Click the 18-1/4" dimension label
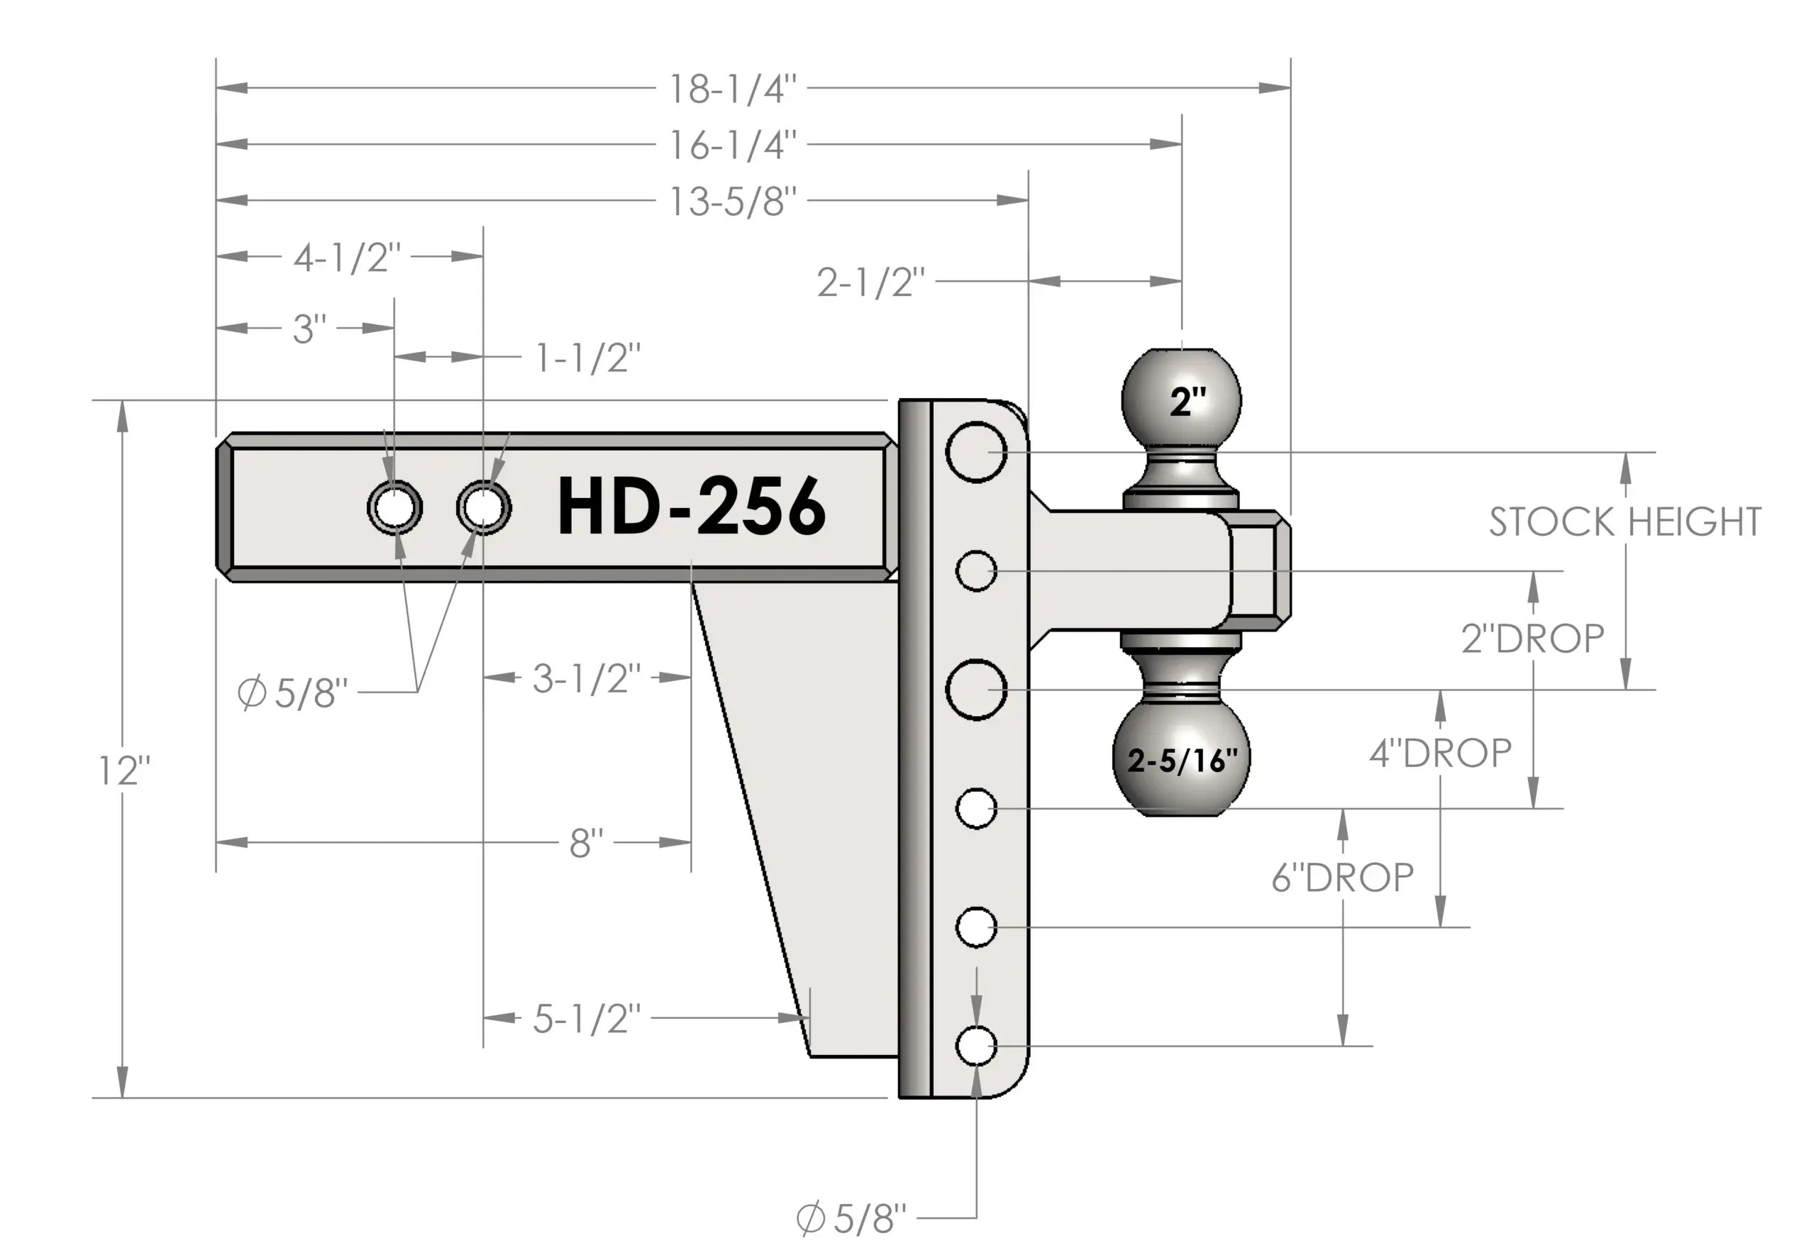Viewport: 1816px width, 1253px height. (732, 89)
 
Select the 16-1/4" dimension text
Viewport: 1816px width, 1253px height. (732, 145)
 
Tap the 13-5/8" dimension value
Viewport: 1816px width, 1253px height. (732, 202)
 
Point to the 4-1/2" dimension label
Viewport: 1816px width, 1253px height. (347, 258)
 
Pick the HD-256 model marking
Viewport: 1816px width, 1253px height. (692, 507)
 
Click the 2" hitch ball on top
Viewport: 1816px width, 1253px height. (1182, 401)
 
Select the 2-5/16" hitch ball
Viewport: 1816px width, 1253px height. (1182, 758)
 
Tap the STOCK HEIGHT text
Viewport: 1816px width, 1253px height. (1625, 522)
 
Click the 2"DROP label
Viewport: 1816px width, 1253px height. (1533, 639)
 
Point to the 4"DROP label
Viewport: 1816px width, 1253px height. (1441, 754)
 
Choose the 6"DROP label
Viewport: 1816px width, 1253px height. (1343, 877)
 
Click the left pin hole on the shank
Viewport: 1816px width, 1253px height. (394, 507)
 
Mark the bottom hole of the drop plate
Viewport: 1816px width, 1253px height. (976, 1046)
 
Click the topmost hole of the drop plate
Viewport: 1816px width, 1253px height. (976, 451)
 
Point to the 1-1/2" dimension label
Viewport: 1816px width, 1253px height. (588, 358)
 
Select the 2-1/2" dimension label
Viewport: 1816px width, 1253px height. (871, 282)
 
